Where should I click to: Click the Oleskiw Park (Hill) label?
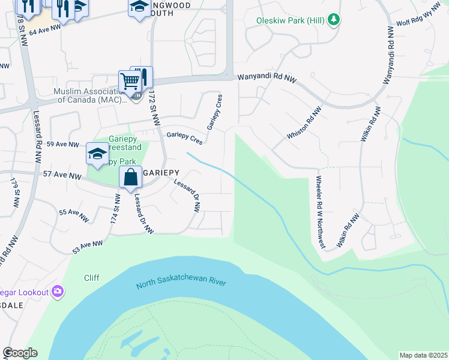[291, 20]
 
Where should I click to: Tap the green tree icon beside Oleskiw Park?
[334, 20]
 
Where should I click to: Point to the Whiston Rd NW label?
[304, 123]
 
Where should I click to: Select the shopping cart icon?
[130, 81]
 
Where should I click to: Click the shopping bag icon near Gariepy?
[130, 177]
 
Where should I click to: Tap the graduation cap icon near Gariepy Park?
[97, 154]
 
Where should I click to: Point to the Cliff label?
[92, 278]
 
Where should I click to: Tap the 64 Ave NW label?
[46, 28]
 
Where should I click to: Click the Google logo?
[20, 353]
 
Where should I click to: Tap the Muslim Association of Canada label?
[88, 95]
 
